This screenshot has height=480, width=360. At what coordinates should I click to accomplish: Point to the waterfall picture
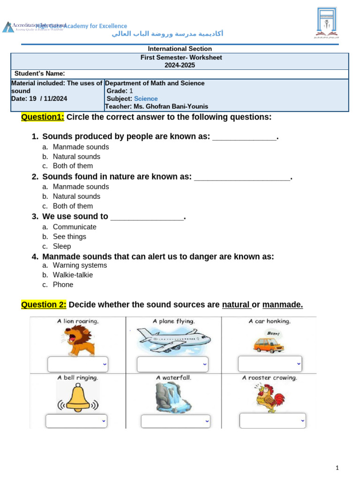[x=173, y=397]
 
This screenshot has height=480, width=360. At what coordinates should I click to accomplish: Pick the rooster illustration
[x=270, y=397]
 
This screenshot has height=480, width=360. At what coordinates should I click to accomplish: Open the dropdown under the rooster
[x=272, y=420]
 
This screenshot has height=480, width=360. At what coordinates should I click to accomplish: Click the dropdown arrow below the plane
[x=205, y=364]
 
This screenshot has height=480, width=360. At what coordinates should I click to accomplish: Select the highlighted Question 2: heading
[x=44, y=305]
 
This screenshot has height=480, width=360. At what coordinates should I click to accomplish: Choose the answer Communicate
[x=75, y=227]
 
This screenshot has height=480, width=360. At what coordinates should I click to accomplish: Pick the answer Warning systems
[x=80, y=265]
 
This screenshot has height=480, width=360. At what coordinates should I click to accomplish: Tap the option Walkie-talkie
[x=73, y=275]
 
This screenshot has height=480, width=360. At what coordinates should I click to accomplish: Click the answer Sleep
[x=62, y=247]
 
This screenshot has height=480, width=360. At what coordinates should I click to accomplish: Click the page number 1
[x=337, y=468]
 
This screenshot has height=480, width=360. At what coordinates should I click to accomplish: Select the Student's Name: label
[x=39, y=74]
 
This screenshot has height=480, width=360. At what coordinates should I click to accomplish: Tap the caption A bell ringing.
[x=77, y=377]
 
